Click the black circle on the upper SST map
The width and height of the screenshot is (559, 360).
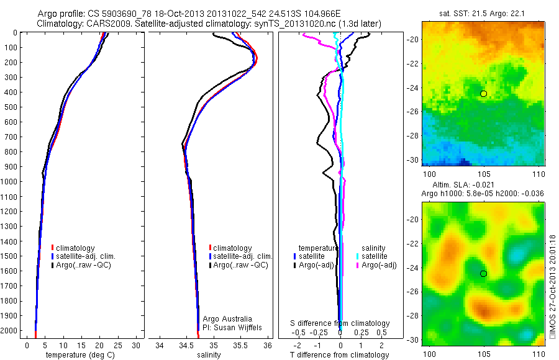pyautogui.click(x=484, y=94)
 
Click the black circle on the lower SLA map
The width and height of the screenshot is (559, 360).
pyautogui.click(x=484, y=274)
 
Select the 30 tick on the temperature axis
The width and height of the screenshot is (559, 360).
pyautogui.click(x=137, y=345)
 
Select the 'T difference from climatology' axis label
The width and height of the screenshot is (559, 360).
pyautogui.click(x=340, y=355)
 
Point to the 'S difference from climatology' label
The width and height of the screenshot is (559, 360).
pyautogui.click(x=340, y=323)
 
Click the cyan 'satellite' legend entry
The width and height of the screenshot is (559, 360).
pyautogui.click(x=375, y=256)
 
